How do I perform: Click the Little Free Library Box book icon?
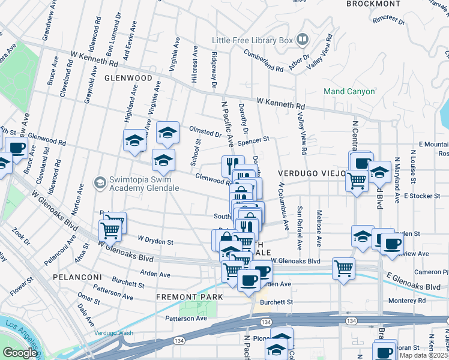(303, 41)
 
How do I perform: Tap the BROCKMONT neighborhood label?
(373, 4)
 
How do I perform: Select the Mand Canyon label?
(349, 92)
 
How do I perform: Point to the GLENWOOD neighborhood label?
(128, 78)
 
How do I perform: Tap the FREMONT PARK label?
(189, 297)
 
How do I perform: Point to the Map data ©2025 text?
(424, 355)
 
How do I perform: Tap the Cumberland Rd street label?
(263, 61)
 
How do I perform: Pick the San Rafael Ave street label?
(299, 229)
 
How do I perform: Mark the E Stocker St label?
(425, 196)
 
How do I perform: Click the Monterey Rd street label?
(406, 301)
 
